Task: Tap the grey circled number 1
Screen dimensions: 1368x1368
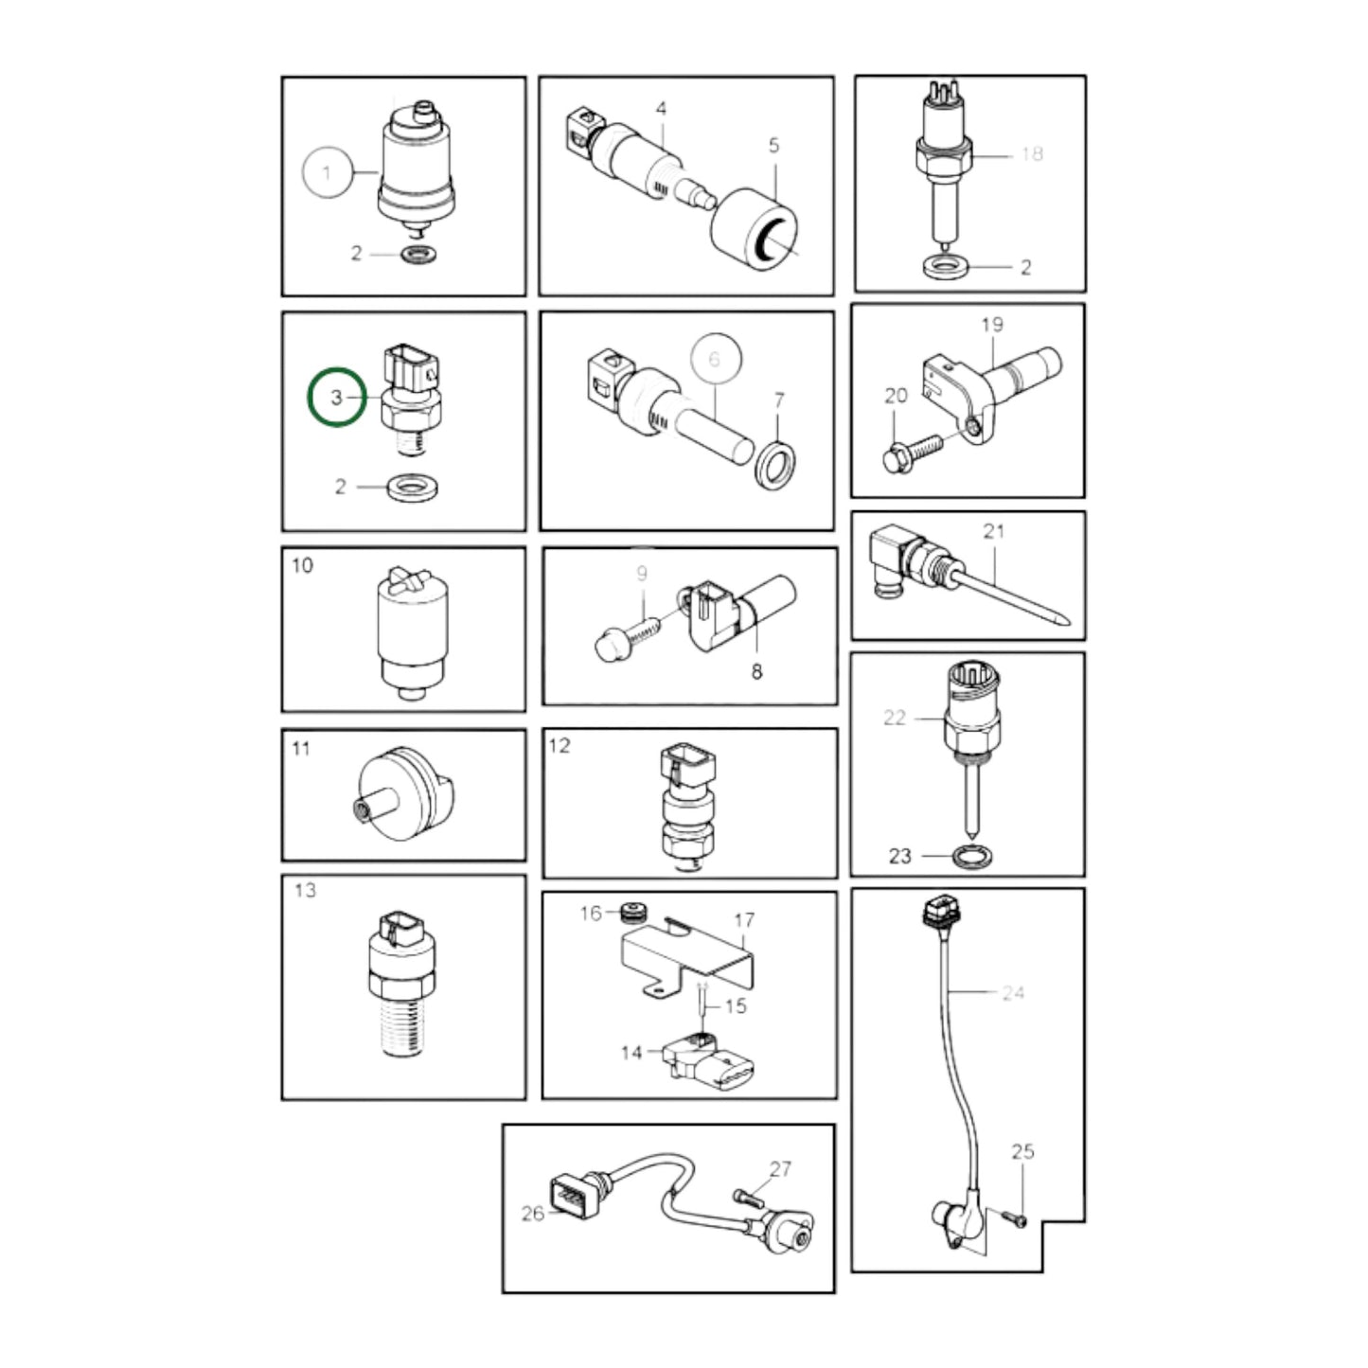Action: (327, 172)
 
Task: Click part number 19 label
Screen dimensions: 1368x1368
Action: (992, 325)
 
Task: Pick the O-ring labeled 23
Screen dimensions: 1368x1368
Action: (971, 857)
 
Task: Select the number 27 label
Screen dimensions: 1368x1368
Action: (780, 1168)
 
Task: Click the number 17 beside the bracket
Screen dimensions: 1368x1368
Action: (743, 921)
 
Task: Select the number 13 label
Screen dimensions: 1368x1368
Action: (305, 890)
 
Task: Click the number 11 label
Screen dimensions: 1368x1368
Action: (301, 748)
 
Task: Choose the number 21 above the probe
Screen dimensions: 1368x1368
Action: (994, 531)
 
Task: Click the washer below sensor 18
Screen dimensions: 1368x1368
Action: (946, 268)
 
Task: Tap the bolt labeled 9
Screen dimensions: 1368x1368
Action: (627, 638)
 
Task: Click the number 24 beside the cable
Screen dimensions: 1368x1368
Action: (1013, 992)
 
